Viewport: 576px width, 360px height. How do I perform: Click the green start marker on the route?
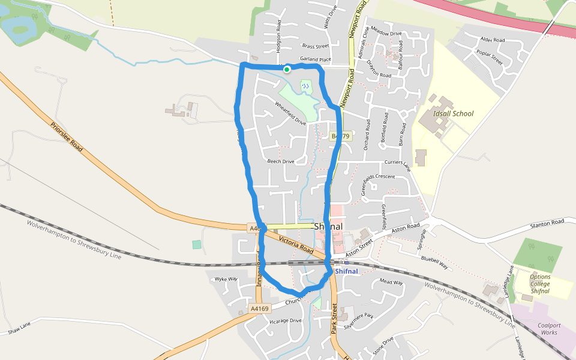tap(287, 70)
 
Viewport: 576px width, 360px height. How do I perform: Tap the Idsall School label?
tap(453, 113)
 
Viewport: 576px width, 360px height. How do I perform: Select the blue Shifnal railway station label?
tap(346, 271)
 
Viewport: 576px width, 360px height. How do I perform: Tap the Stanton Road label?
tap(547, 223)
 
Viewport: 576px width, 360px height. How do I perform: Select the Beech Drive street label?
tap(281, 161)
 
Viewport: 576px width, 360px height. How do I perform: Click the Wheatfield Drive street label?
tap(290, 113)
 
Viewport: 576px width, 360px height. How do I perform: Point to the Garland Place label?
tap(316, 59)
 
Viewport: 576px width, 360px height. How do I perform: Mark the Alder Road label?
tap(493, 40)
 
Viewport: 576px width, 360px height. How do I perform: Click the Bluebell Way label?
tap(434, 262)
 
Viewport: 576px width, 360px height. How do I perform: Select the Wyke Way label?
tap(226, 279)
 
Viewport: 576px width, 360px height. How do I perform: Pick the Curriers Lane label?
tap(397, 163)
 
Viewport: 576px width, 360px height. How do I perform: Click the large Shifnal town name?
tap(328, 227)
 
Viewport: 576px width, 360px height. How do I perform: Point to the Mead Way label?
tap(391, 282)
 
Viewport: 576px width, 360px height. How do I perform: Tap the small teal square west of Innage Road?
tap(197, 244)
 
